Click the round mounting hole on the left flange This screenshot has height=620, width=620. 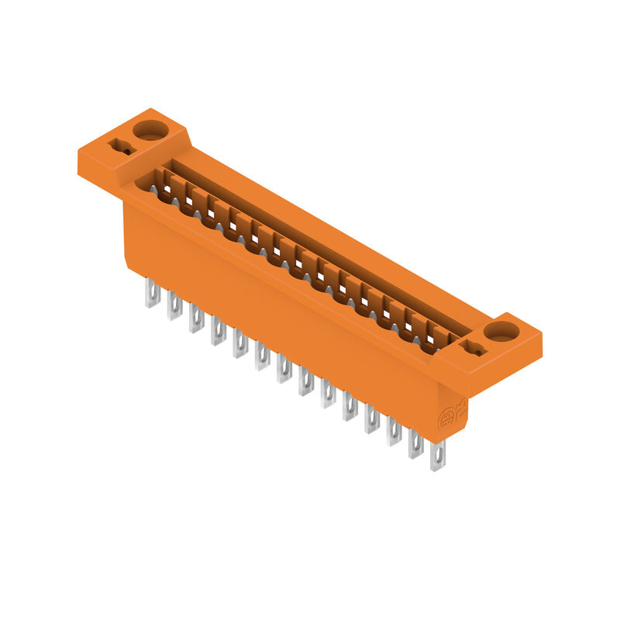tap(150, 129)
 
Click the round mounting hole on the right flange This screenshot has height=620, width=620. tap(501, 332)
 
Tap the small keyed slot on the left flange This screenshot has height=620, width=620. tap(120, 146)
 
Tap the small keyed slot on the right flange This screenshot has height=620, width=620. tap(474, 350)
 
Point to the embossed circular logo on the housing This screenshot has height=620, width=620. tap(448, 420)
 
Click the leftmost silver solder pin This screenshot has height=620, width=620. tap(152, 294)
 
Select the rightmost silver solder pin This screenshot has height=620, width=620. tap(438, 455)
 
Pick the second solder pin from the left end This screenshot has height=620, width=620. tap(174, 307)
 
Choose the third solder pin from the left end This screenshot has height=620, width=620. tap(196, 319)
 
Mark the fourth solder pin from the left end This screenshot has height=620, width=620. tap(218, 332)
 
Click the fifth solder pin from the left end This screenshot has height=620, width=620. tap(240, 344)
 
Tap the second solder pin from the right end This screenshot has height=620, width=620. tap(416, 443)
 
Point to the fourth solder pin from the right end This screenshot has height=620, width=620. tap(372, 418)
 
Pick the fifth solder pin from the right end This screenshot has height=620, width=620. tap(350, 406)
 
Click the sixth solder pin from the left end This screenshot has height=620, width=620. tap(262, 356)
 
